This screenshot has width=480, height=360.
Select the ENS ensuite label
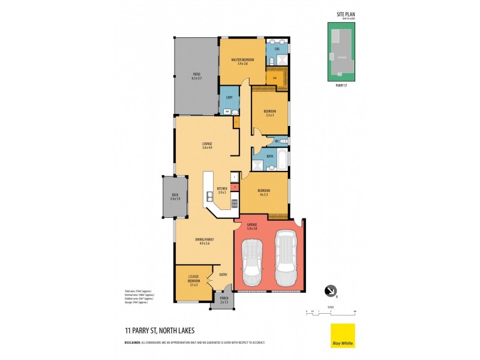pyautogui.click(x=277, y=49)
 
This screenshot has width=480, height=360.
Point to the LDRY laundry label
pyautogui.click(x=229, y=97)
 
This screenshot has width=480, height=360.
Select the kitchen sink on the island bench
pyautogui.click(x=209, y=196)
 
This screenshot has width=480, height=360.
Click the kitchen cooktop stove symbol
pyautogui.click(x=235, y=203)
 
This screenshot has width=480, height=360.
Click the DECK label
pyautogui.click(x=175, y=194)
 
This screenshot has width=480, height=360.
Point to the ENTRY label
pyautogui.click(x=223, y=275)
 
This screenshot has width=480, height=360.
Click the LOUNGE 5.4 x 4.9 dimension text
pyautogui.click(x=207, y=148)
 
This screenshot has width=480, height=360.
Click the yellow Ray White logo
pyautogui.click(x=343, y=335)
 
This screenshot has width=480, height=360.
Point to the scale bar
pyautogui.click(x=331, y=312)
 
